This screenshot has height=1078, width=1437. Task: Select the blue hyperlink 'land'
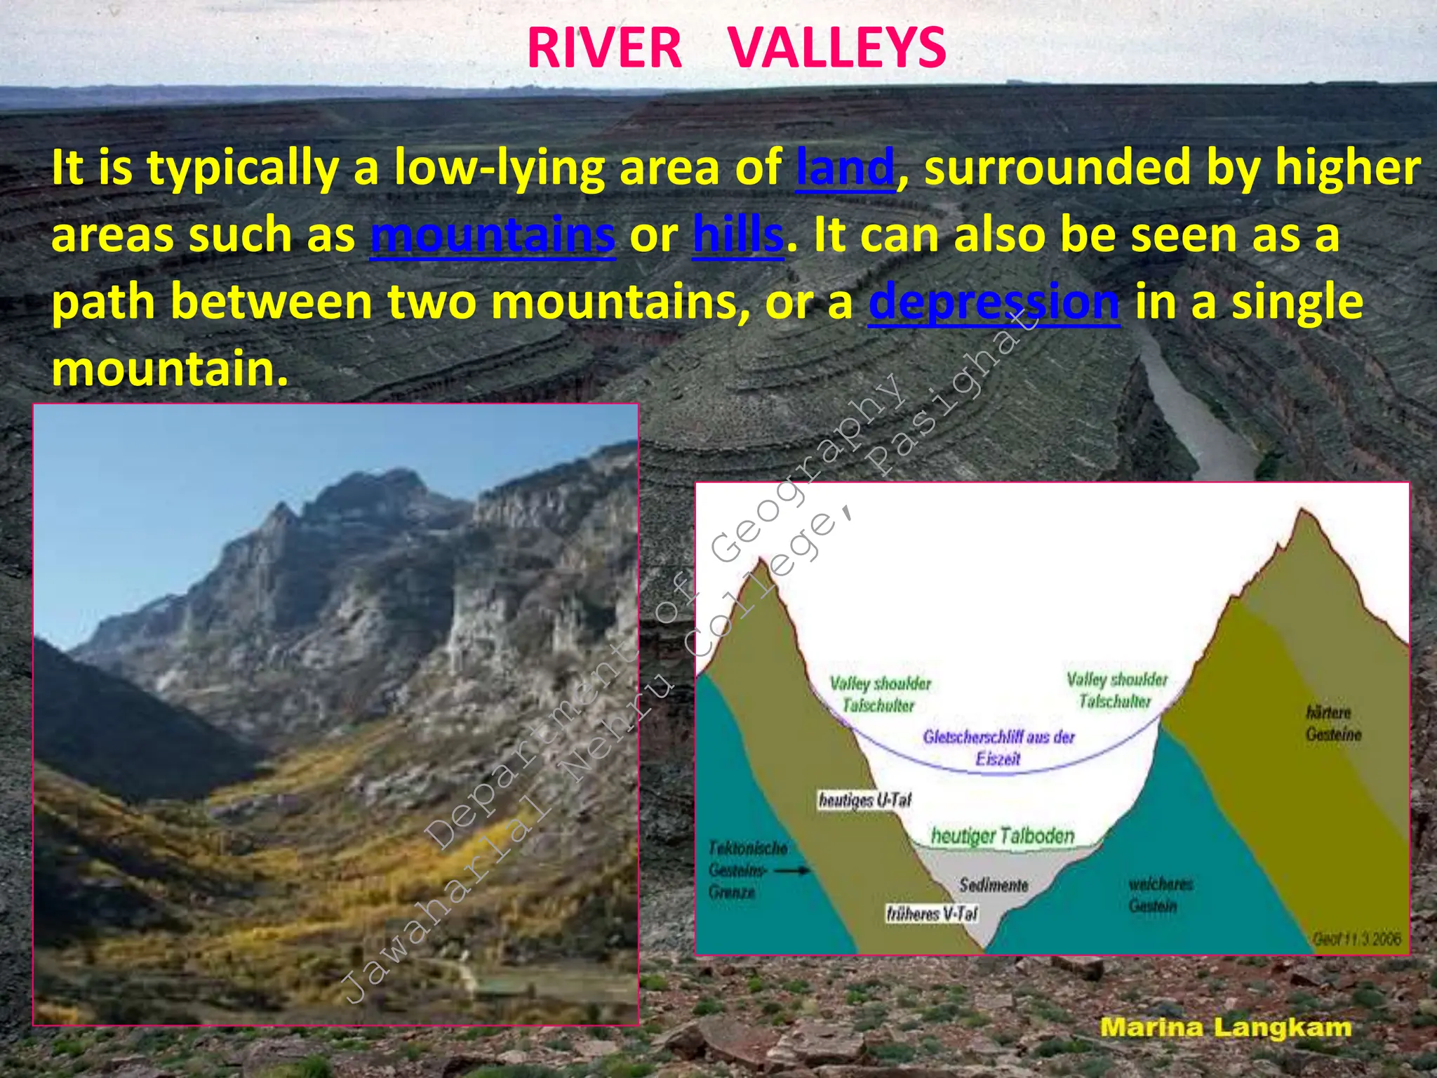(x=846, y=168)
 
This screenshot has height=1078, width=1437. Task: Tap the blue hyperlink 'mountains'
(x=493, y=235)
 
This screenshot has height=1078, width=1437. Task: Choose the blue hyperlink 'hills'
(x=737, y=235)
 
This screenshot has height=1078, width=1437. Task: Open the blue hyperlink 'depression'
(x=994, y=302)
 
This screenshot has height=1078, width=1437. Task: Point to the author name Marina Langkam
(x=1225, y=1028)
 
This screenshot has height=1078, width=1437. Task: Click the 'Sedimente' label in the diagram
(x=994, y=885)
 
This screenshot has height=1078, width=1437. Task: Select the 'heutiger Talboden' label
(x=1003, y=836)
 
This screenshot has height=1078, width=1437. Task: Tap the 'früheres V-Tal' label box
(x=932, y=914)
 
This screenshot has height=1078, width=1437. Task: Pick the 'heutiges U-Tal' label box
(x=864, y=800)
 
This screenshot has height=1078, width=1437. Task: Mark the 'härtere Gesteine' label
(x=1333, y=724)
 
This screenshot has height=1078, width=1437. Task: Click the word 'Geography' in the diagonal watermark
(x=807, y=470)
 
